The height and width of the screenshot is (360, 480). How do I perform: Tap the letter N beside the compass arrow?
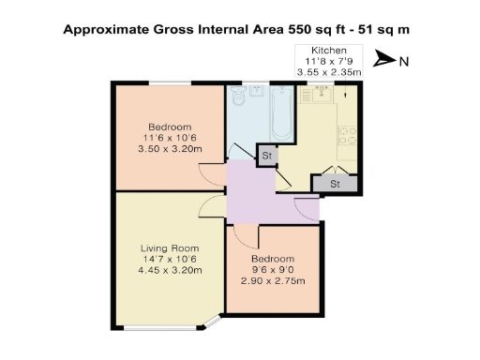pyautogui.click(x=403, y=62)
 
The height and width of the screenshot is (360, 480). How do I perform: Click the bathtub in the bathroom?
pyautogui.click(x=282, y=117)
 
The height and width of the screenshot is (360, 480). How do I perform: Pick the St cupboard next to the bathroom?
pyautogui.click(x=266, y=156)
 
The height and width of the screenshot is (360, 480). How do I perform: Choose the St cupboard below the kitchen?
pyautogui.click(x=335, y=184)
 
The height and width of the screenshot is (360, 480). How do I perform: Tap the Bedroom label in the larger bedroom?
pyautogui.click(x=170, y=127)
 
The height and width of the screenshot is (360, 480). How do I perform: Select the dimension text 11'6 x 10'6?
pyautogui.click(x=170, y=138)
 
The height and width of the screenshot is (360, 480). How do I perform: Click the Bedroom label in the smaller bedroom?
pyautogui.click(x=273, y=259)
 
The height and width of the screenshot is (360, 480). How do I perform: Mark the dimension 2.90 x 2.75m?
pyautogui.click(x=273, y=281)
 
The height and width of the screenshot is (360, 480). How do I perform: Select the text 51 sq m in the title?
pyautogui.click(x=385, y=29)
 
